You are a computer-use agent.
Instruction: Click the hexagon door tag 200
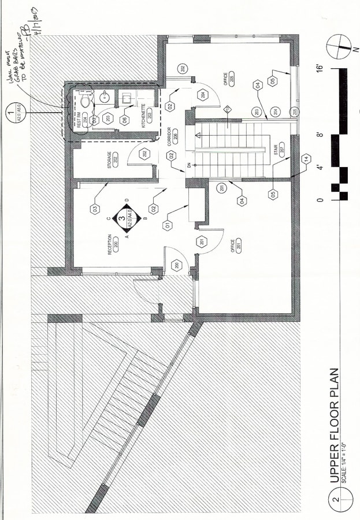point(176,265)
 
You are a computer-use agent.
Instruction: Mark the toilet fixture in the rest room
point(85,102)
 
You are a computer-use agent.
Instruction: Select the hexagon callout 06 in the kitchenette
point(124,120)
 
